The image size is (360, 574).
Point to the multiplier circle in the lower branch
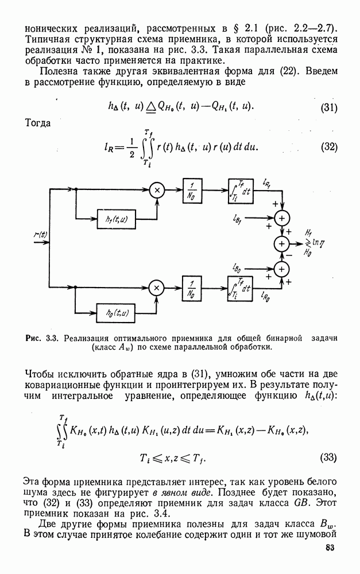(x=156, y=285)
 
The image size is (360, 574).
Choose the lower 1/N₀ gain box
(x=192, y=285)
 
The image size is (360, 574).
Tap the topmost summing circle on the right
(x=282, y=218)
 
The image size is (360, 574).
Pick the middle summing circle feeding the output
(x=282, y=243)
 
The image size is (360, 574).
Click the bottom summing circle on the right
(x=282, y=269)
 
